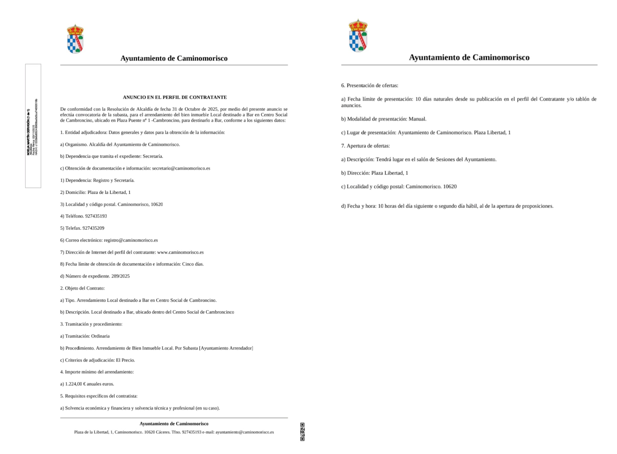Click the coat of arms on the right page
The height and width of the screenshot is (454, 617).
tap(358, 36)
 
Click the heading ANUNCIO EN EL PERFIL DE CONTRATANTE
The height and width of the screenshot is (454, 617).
tap(175, 97)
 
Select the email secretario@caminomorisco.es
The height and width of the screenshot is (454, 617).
tap(181, 168)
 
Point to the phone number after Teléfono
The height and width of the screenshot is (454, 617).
tap(96, 216)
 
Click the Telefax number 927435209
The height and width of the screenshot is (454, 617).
tap(93, 228)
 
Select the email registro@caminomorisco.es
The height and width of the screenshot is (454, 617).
tap(131, 240)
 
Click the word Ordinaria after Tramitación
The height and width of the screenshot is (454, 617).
tap(100, 336)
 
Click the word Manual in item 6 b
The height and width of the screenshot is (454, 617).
tap(417, 119)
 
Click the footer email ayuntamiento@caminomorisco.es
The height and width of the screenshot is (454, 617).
tap(244, 432)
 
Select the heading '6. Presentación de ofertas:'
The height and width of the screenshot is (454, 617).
tap(370, 85)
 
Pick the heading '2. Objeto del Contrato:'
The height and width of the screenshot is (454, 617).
tap(82, 288)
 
